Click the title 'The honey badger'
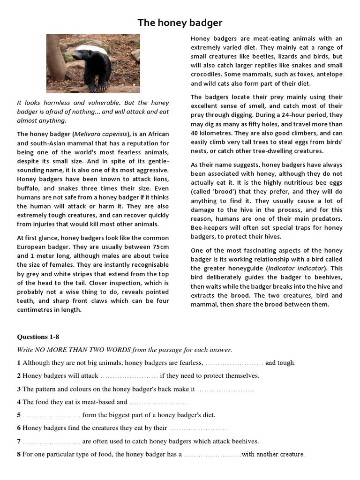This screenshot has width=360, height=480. click(x=180, y=22)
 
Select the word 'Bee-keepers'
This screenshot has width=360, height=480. click(x=209, y=227)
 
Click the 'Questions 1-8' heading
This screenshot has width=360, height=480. click(x=38, y=337)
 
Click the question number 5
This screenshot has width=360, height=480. click(x=19, y=415)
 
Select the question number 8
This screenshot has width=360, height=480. click(x=19, y=454)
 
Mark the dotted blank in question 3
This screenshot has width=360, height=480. click(x=225, y=389)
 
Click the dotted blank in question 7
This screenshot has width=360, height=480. click(x=52, y=441)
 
